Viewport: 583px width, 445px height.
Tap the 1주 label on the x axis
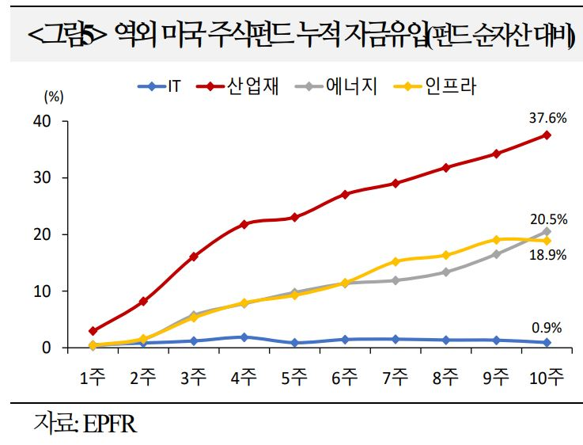pos(93,377)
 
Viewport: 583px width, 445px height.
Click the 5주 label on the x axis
pos(294,377)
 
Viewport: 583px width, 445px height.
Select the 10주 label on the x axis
pos(547,377)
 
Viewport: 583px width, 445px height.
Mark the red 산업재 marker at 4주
pos(244,224)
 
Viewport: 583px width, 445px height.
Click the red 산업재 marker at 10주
pos(547,135)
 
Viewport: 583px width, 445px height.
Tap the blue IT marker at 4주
pos(244,337)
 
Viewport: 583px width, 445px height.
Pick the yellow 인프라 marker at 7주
pos(396,261)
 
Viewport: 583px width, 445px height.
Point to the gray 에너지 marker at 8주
pos(446,272)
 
